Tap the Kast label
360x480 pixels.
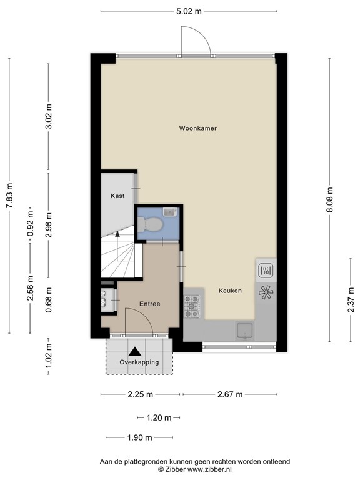click(x=117, y=196)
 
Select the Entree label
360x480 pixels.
click(x=150, y=304)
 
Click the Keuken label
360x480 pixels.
click(x=230, y=291)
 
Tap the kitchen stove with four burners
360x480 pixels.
click(x=192, y=306)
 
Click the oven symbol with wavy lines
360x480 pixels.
click(x=265, y=271)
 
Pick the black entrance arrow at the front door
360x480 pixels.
click(x=136, y=353)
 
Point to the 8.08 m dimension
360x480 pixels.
click(x=329, y=200)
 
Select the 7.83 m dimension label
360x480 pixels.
click(x=9, y=195)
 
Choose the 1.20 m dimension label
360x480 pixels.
click(x=159, y=417)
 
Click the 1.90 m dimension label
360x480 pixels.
click(x=139, y=437)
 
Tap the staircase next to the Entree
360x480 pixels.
click(x=119, y=256)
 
